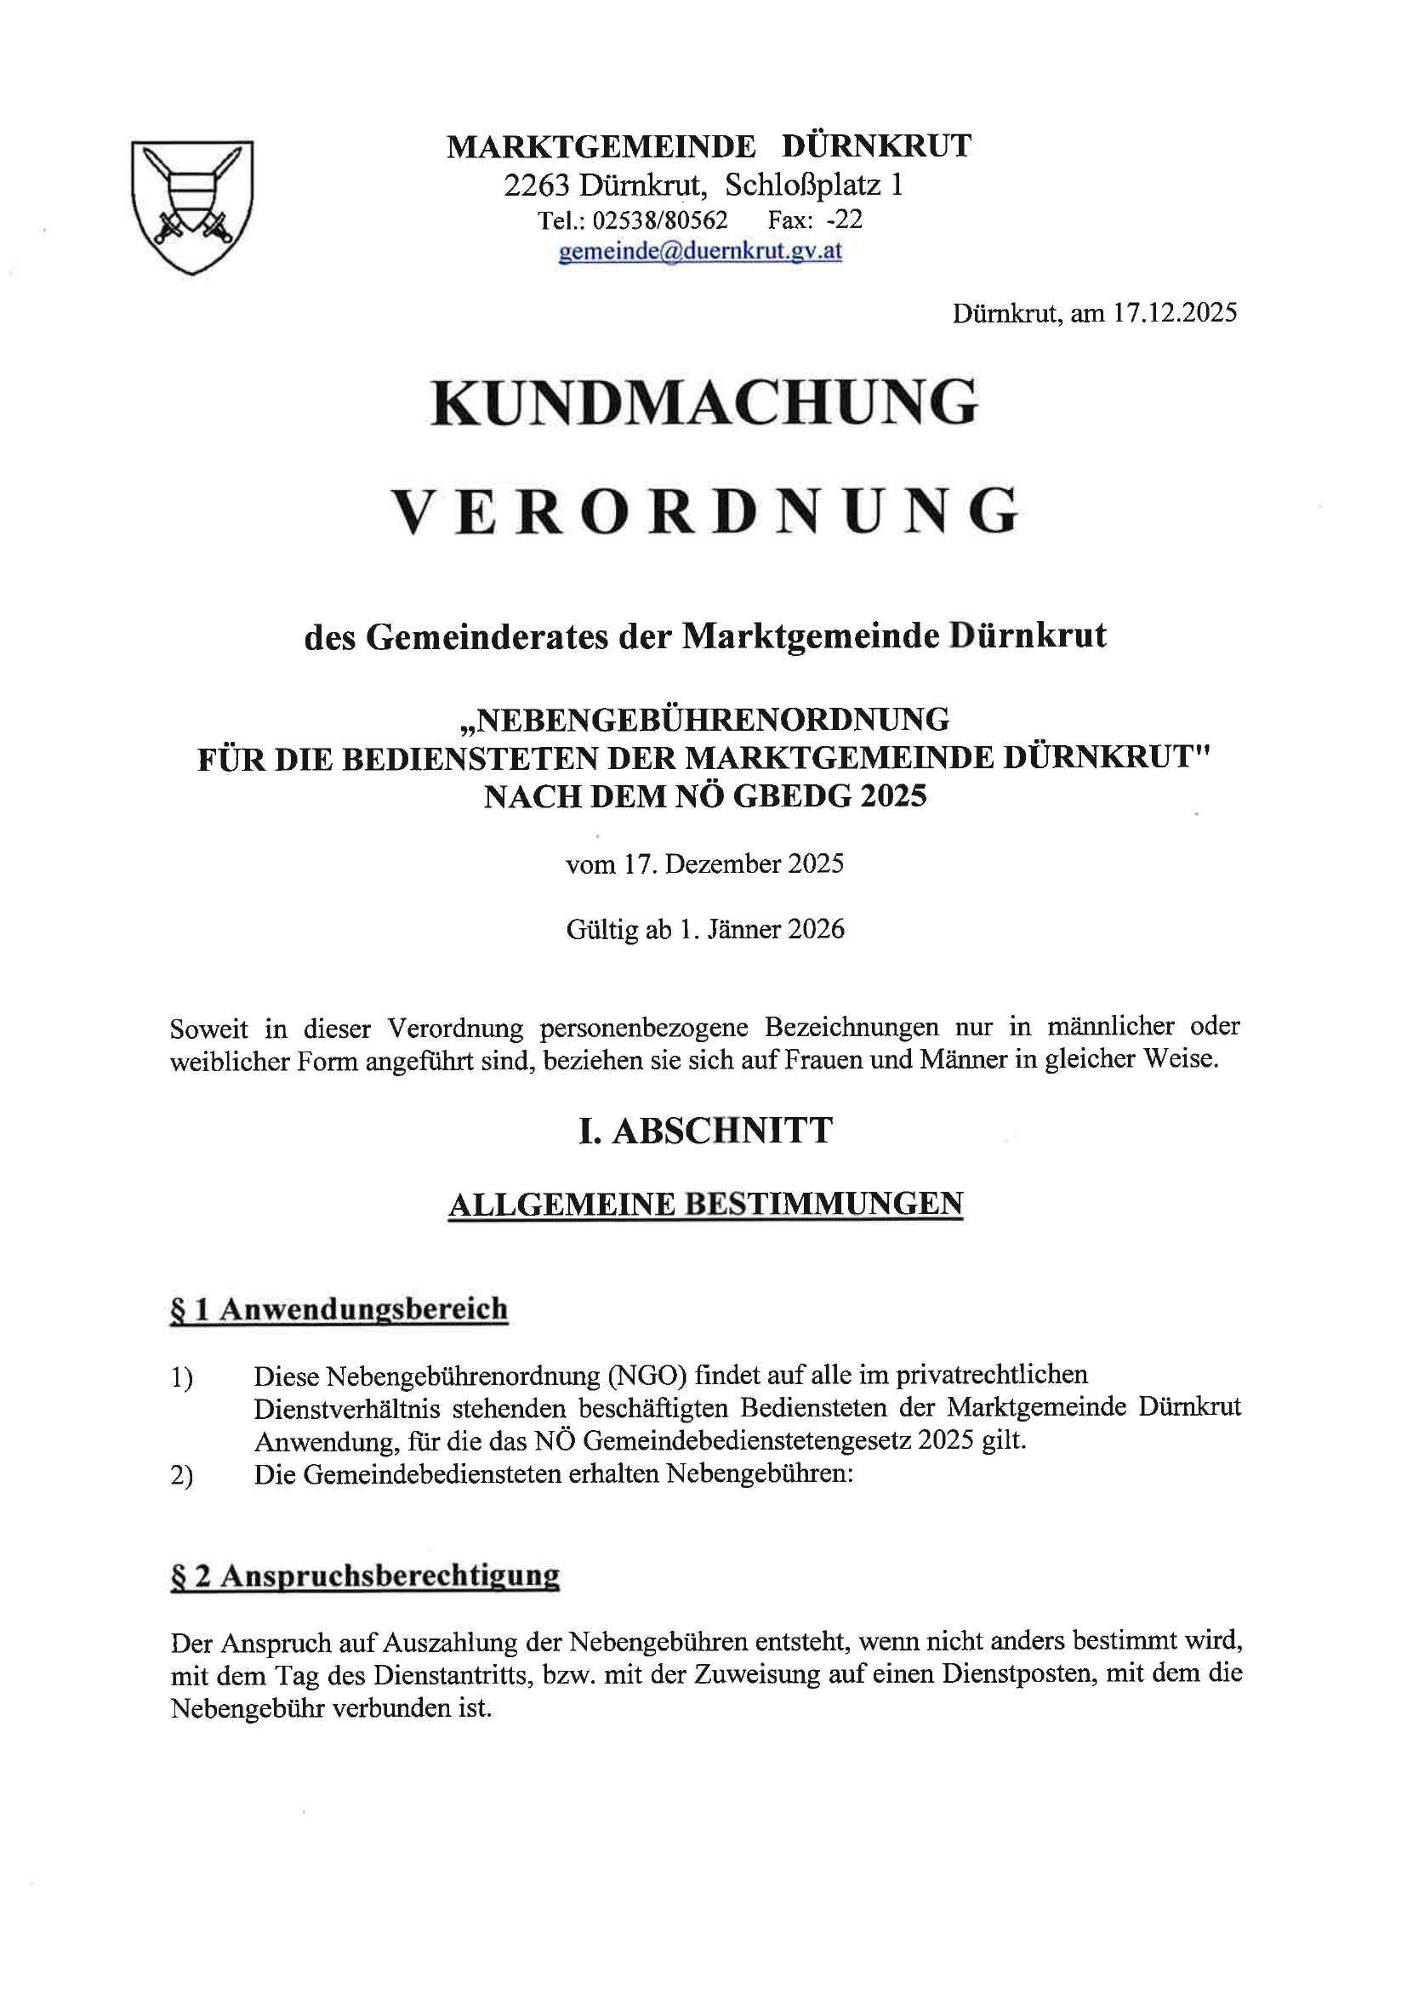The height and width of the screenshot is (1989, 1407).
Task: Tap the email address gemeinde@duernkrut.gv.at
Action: pos(701,251)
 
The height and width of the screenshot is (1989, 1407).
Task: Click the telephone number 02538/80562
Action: pos(659,220)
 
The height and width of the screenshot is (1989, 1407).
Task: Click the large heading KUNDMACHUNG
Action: pos(704,402)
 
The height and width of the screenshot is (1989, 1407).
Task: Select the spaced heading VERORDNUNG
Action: pos(705,512)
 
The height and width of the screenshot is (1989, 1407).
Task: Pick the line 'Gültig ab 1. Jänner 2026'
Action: pos(705,930)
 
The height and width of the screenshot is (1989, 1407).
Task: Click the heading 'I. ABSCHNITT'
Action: pos(705,1131)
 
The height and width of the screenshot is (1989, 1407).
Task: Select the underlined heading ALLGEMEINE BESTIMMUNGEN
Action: pos(705,1204)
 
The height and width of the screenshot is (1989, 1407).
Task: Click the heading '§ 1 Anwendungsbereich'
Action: pos(339,1309)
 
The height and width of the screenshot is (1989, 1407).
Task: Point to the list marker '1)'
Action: pos(182,1378)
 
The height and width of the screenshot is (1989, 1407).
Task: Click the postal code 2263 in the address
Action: pos(536,185)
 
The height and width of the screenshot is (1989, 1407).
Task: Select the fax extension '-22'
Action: pos(845,220)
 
